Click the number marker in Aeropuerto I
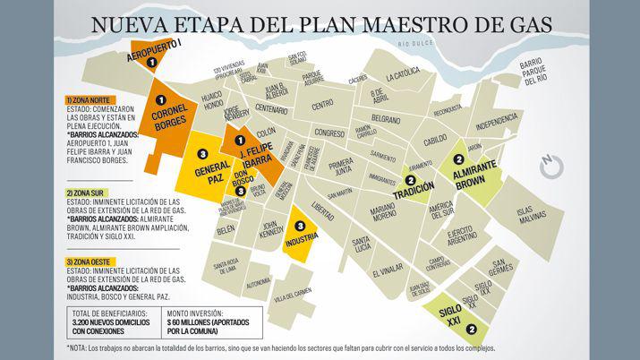[x=151, y=63]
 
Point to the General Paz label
[x=203, y=176]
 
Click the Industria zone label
[x=302, y=240]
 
